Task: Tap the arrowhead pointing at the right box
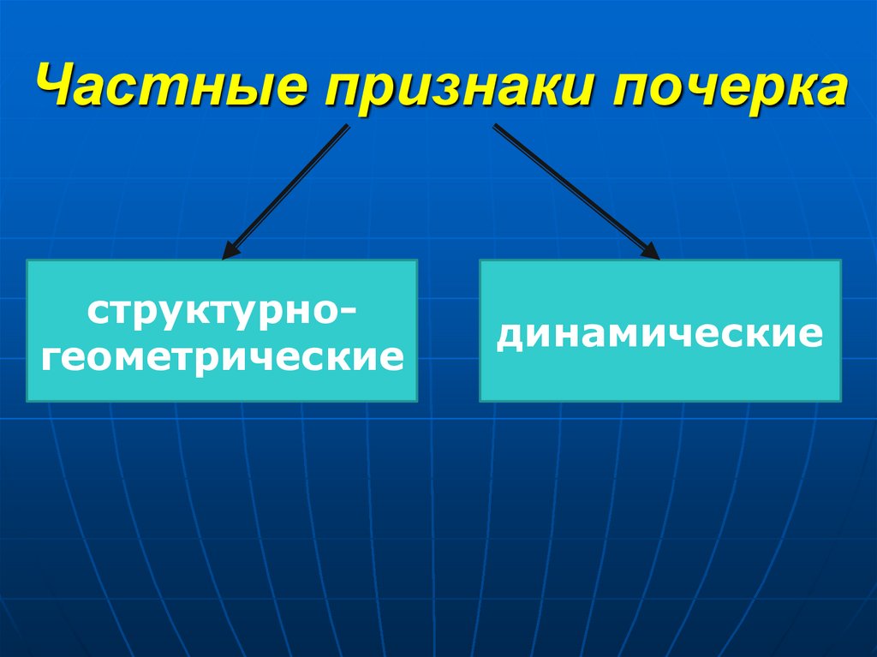[x=652, y=252]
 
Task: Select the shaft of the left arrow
[x=287, y=191]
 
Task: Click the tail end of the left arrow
[x=347, y=128]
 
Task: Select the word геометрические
[x=222, y=354]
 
